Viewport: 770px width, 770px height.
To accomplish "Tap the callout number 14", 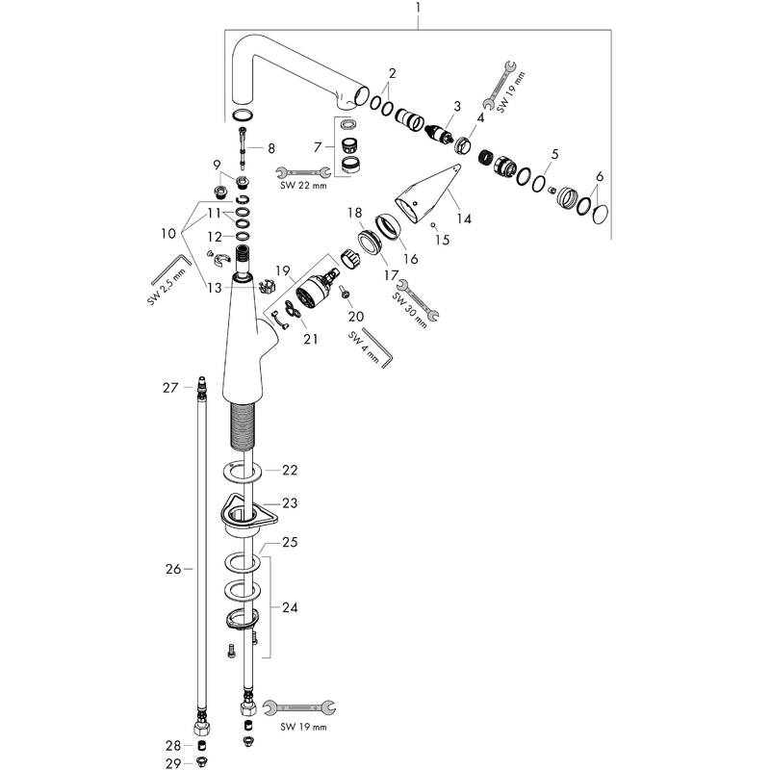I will coord(464,218).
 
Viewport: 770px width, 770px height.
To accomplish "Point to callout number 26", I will coord(173,569).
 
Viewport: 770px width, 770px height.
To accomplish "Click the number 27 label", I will coord(170,388).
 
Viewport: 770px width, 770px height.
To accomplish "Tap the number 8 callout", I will coord(271,148).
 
